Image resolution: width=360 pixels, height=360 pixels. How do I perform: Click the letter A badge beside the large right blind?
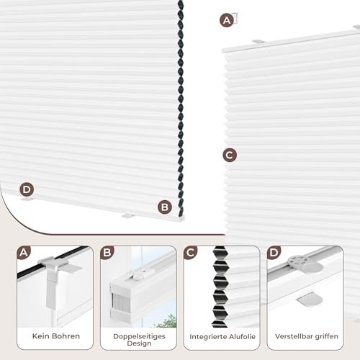pos(227,20)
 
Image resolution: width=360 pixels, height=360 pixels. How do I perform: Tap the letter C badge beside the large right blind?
pos(230,155)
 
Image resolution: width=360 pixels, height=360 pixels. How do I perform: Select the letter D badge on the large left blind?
pos(27,189)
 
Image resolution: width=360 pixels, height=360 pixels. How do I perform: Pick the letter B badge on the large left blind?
pos(165,207)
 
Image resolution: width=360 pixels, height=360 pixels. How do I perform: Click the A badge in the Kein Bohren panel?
pos(24,253)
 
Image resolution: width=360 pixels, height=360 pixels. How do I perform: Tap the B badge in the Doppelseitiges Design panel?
pos(107,253)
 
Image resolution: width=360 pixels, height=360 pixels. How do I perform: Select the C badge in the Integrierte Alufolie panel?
pos(190,253)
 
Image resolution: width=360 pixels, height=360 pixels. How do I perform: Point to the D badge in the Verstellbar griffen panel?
pos(274,253)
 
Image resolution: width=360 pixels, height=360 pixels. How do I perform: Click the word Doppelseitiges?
pos(139,336)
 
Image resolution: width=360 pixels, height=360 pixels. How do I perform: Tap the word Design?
pos(139,343)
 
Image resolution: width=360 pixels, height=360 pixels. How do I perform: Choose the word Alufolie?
pos(243,337)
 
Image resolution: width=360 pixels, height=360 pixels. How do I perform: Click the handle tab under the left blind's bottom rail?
pos(127,216)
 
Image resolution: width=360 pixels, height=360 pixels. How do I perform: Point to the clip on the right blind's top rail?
pos(258,42)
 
